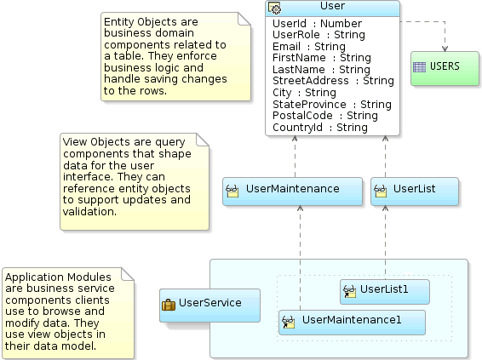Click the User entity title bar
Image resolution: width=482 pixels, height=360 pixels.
332,8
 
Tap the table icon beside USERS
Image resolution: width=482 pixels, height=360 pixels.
419,66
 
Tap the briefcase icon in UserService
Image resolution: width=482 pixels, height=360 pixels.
169,304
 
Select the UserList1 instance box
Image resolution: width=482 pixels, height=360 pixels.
384,291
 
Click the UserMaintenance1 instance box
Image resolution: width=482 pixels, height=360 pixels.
351,321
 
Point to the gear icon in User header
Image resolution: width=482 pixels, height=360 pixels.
274,8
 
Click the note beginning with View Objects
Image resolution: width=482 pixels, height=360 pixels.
134,180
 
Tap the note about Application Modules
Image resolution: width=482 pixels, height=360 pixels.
68,312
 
